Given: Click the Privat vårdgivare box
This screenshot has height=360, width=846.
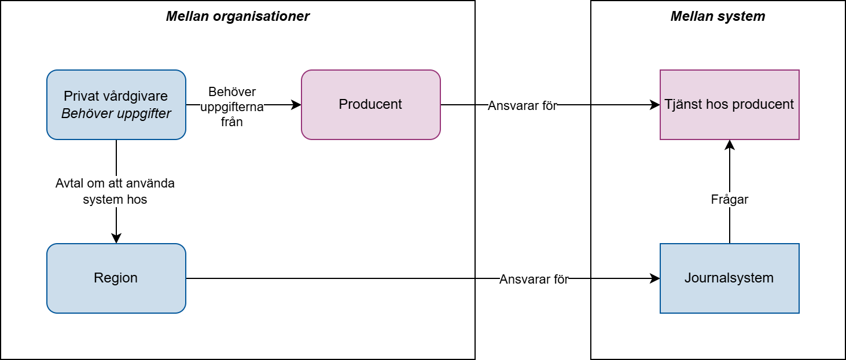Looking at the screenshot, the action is click(x=116, y=105).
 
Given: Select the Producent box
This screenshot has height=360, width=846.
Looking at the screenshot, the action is click(x=371, y=105).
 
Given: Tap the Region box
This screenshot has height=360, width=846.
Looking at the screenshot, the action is click(x=116, y=278).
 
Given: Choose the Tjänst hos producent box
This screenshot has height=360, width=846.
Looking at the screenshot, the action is click(x=730, y=105).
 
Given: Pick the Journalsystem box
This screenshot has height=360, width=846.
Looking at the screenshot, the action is click(x=730, y=278).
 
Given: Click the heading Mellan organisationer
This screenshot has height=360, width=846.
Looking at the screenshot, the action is click(x=238, y=16).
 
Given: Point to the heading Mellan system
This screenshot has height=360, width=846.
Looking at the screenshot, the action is click(x=718, y=16).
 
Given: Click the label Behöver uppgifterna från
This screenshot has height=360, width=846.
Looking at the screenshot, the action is click(x=232, y=106).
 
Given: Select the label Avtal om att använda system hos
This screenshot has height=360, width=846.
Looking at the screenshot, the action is click(x=115, y=191).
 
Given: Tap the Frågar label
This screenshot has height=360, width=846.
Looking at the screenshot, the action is click(x=729, y=199).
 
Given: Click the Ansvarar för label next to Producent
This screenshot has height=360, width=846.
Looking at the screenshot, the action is click(x=523, y=105).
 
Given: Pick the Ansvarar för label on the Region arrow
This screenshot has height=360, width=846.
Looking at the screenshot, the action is click(x=534, y=279).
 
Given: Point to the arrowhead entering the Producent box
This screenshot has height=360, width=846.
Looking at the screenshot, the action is click(x=296, y=105).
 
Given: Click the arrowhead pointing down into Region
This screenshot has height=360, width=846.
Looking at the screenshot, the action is click(x=116, y=238).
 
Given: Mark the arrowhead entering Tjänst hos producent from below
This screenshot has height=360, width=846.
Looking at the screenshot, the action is click(x=730, y=145).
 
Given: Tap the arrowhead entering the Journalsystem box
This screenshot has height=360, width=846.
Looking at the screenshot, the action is click(x=655, y=278).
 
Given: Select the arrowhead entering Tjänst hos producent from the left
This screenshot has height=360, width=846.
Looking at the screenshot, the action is click(x=655, y=105).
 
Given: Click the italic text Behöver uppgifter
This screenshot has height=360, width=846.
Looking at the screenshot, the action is click(x=116, y=113).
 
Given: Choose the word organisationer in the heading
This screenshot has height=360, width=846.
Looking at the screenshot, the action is click(x=261, y=16).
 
